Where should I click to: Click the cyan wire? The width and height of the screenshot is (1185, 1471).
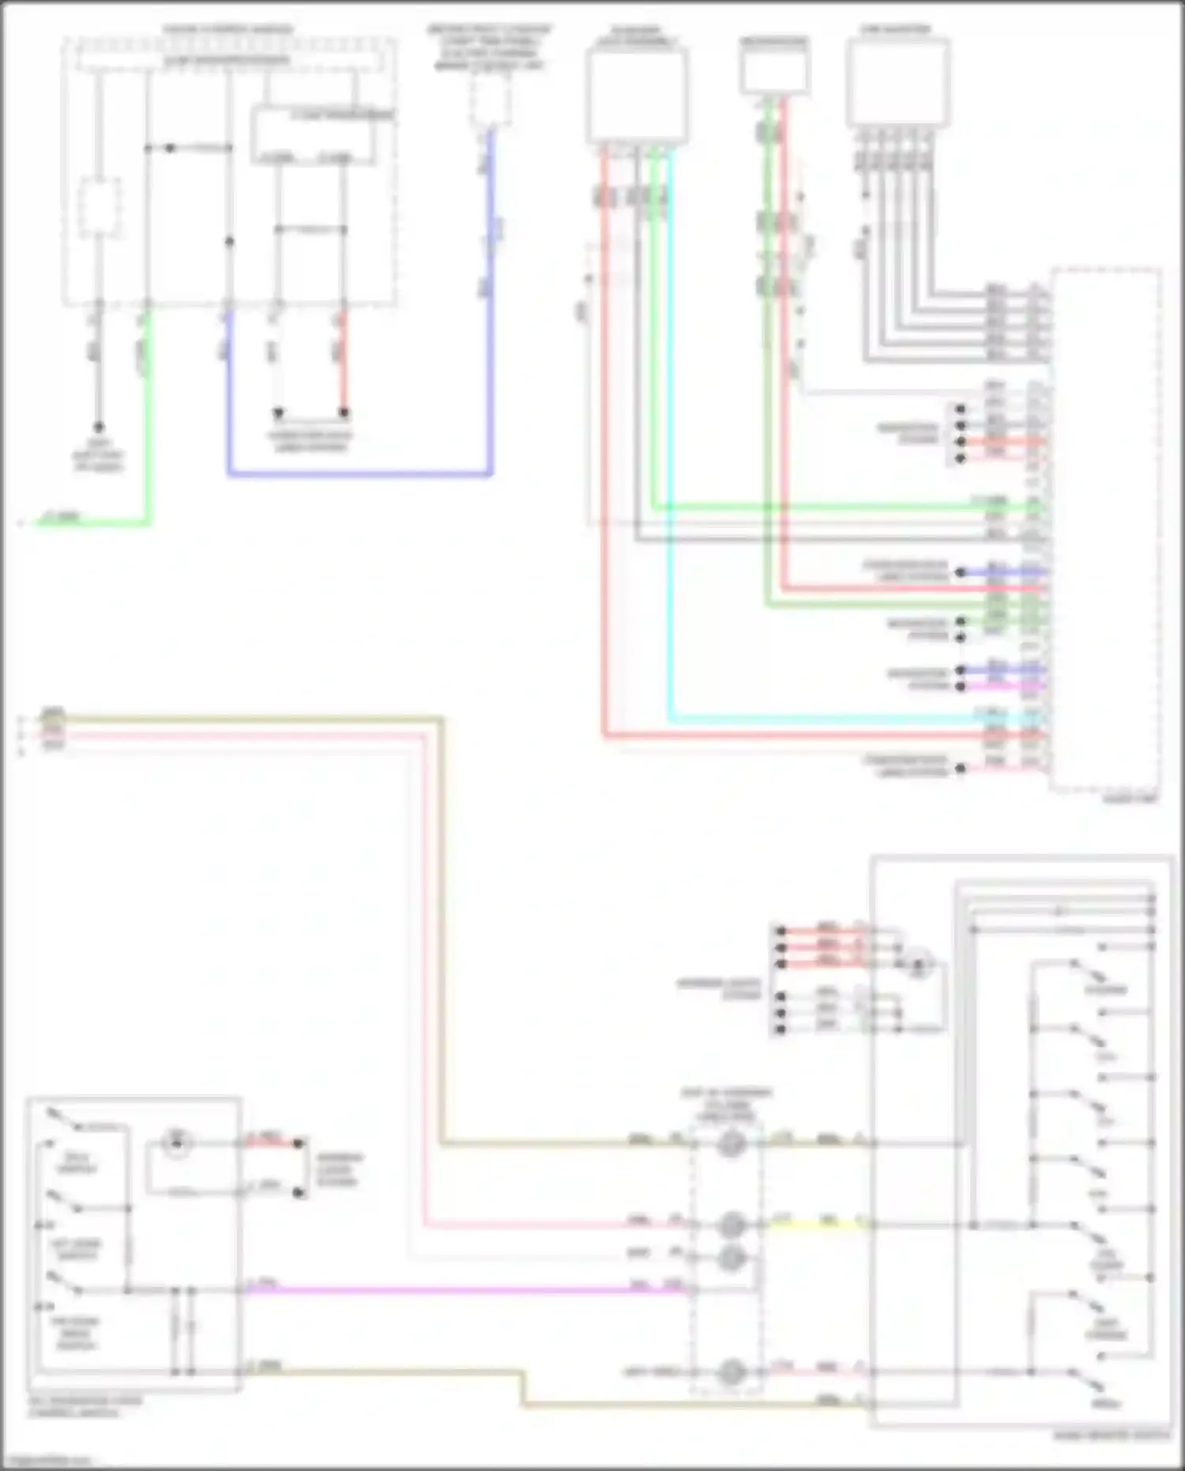pyautogui.click(x=670, y=474)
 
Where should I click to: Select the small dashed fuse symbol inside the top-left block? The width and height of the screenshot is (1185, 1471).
pyautogui.click(x=100, y=207)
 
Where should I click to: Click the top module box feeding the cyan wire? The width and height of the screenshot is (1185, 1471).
pyautogui.click(x=637, y=95)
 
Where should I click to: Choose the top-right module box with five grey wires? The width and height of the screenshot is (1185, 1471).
pyautogui.click(x=897, y=83)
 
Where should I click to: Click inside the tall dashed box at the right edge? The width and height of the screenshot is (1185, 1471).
pyautogui.click(x=1106, y=530)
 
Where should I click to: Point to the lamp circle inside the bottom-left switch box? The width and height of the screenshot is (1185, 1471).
pyautogui.click(x=177, y=1141)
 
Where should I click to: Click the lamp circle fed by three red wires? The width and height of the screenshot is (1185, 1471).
pyautogui.click(x=919, y=965)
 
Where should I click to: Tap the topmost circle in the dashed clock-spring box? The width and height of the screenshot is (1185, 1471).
pyautogui.click(x=732, y=1144)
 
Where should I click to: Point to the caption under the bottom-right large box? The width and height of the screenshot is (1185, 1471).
pyautogui.click(x=1112, y=1435)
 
